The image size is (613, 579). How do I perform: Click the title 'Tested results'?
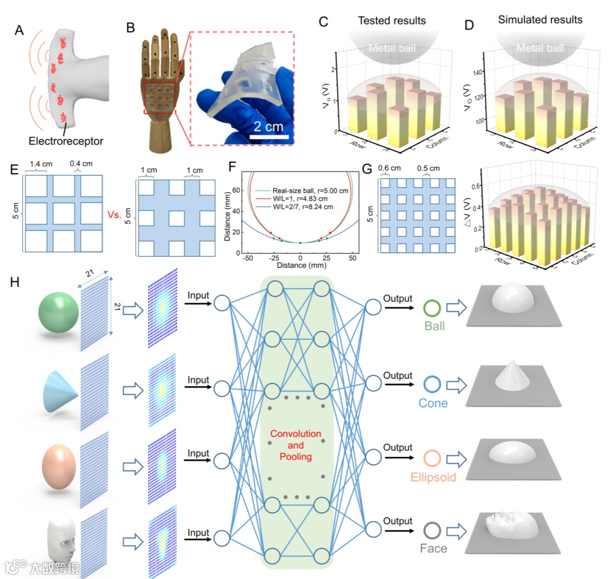point(392,21)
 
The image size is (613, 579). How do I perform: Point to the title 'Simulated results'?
point(540,20)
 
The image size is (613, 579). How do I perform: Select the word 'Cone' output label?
point(433,404)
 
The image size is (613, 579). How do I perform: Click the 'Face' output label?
point(433,548)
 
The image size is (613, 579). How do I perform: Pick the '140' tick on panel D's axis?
point(469,72)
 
